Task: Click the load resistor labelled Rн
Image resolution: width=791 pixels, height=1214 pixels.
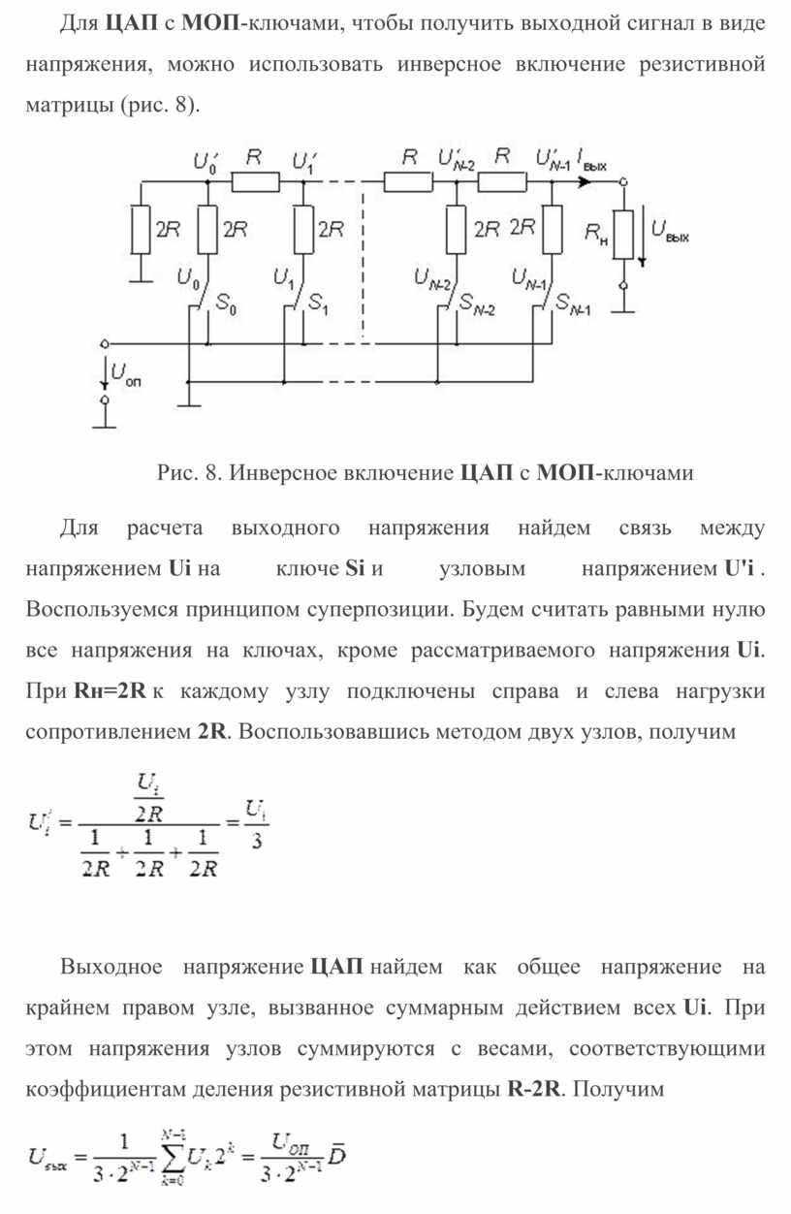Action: (623, 235)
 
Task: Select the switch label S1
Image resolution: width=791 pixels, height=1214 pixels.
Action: (318, 303)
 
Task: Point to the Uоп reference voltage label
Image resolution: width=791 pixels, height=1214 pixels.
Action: (126, 374)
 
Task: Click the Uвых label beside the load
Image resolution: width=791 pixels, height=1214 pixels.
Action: (670, 231)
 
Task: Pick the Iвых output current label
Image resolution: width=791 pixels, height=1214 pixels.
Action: (592, 161)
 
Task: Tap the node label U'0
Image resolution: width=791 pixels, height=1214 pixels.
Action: (206, 162)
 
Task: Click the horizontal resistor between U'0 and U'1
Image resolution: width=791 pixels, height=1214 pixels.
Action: (256, 182)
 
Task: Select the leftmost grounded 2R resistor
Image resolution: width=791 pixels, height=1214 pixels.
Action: (141, 230)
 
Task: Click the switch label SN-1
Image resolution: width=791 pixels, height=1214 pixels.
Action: (573, 304)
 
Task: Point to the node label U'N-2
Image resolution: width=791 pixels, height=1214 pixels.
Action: (457, 160)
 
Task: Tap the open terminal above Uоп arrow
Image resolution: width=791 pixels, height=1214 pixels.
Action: (105, 343)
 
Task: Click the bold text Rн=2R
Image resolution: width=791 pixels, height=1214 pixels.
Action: (110, 691)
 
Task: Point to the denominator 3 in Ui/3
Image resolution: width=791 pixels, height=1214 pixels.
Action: (256, 841)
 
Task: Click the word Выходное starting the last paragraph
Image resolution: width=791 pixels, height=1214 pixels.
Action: (111, 967)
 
